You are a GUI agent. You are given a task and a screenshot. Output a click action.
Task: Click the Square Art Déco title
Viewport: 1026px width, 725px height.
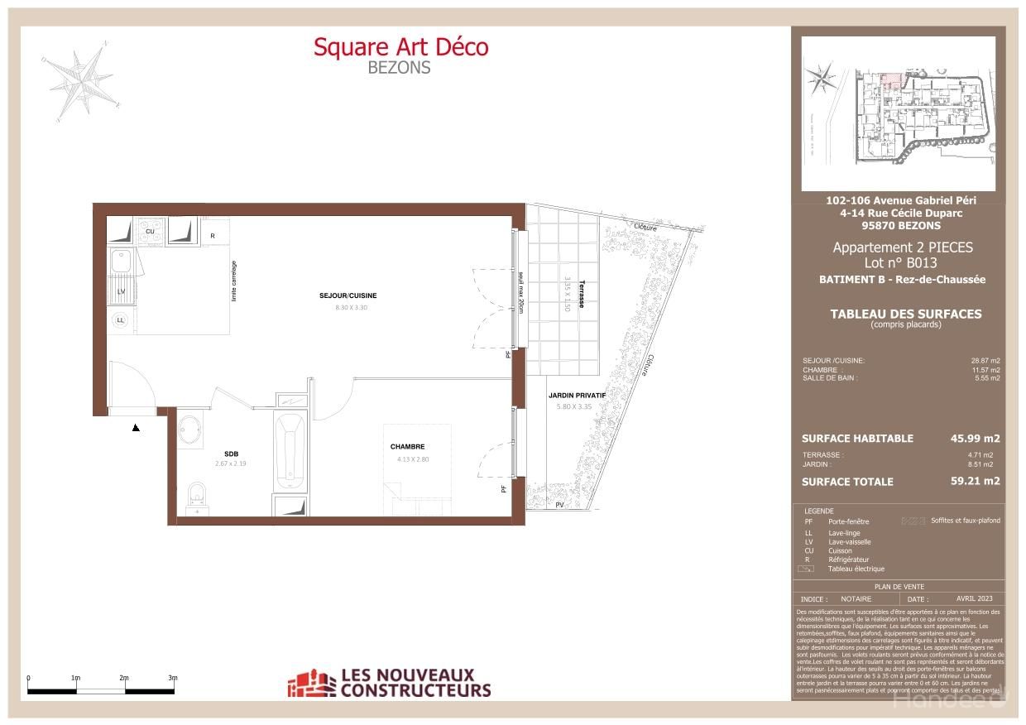click(x=400, y=47)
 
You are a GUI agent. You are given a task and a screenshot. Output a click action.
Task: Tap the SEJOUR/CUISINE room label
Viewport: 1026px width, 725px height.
click(x=348, y=295)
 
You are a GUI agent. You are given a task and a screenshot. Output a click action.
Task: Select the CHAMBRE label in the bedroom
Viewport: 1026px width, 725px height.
click(x=407, y=447)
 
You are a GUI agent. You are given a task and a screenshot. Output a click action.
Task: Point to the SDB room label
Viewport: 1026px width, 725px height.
click(x=231, y=453)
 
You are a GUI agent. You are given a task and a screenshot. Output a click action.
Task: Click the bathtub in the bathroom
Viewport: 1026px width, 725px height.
click(x=290, y=451)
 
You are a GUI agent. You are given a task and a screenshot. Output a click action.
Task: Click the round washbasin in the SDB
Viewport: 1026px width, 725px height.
click(x=190, y=430)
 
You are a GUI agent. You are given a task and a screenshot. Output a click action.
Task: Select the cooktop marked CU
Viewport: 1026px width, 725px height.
click(x=151, y=230)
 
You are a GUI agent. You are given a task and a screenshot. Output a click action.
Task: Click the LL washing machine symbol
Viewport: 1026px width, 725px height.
click(x=121, y=319)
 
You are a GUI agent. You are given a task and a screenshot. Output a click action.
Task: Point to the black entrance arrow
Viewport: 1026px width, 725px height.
click(x=136, y=427)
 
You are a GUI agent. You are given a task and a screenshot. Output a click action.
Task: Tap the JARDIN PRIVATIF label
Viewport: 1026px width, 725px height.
click(x=577, y=396)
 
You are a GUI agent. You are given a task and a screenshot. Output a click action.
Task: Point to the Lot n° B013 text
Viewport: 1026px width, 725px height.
click(x=900, y=263)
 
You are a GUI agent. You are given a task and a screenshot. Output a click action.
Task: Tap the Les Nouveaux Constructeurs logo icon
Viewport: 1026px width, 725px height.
click(x=311, y=684)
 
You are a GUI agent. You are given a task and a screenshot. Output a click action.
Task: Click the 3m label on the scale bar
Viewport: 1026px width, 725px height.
click(x=172, y=677)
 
